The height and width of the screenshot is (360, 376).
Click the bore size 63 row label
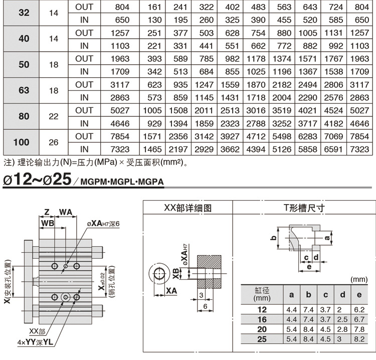[24, 90]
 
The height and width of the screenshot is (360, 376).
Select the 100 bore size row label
[22, 142]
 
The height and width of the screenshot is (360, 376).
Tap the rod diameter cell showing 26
[54, 142]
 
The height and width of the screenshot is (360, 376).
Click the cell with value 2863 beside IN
[120, 98]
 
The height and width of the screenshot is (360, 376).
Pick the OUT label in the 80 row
[84, 110]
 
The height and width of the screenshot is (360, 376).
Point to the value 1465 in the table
[152, 149]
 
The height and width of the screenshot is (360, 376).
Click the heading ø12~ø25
[37, 179]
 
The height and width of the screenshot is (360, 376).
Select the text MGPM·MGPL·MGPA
[122, 182]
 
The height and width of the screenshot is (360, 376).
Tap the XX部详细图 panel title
[188, 208]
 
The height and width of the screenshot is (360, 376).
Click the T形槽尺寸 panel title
[304, 208]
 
